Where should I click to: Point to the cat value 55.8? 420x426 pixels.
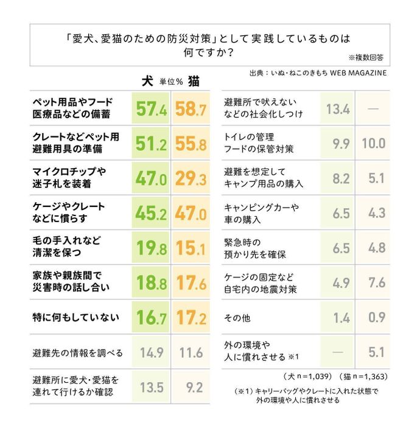[x=191, y=144]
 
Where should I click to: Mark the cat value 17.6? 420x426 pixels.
[x=191, y=282]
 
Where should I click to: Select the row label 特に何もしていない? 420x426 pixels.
[x=75, y=317]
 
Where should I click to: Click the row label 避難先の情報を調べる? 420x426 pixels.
[x=77, y=352]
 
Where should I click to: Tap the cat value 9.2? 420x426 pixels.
[x=191, y=387]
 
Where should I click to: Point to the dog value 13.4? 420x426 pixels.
[x=337, y=109]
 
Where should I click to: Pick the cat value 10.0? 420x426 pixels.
[x=373, y=144]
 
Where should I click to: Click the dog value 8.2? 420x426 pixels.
[x=337, y=178]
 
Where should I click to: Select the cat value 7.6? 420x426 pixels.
[x=373, y=282]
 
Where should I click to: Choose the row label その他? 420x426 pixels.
[x=237, y=318]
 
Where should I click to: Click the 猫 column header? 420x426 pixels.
[x=194, y=81]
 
